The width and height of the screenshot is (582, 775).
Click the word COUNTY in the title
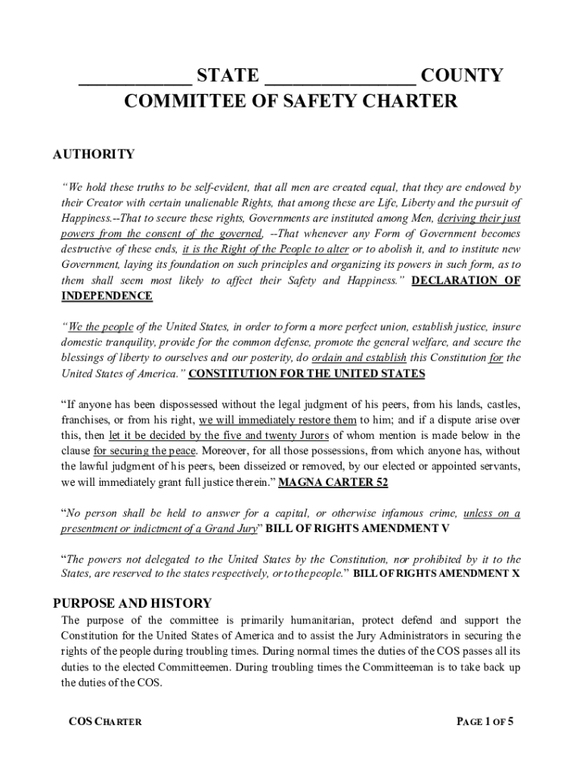461,76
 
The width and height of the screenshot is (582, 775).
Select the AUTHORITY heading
94,154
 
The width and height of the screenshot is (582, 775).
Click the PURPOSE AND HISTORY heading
132,603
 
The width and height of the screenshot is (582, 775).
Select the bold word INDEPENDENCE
107,296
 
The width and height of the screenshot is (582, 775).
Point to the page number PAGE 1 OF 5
484,721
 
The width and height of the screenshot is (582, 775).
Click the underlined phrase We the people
101,327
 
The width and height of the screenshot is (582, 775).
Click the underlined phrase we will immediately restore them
277,419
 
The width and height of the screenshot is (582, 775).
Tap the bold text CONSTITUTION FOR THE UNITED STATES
306,374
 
